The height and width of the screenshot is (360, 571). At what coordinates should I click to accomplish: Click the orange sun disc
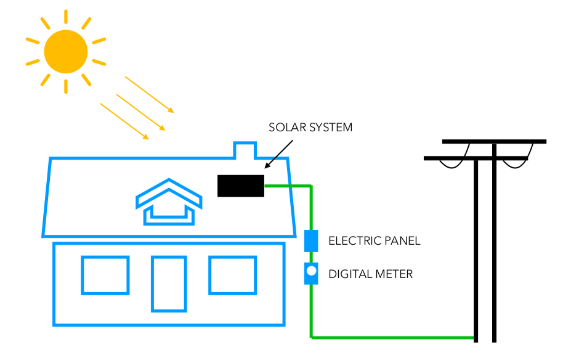coord(66,51)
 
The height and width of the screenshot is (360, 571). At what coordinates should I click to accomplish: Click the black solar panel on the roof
coord(241,186)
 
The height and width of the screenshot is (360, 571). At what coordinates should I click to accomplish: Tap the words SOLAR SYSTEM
coord(310,128)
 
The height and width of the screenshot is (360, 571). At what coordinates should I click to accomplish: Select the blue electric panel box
coord(311,240)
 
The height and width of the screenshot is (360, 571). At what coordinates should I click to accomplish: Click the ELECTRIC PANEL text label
coord(374,240)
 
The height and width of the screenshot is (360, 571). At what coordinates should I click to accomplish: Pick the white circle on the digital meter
coord(312,270)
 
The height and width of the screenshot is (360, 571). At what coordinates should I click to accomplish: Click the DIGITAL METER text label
coord(370,274)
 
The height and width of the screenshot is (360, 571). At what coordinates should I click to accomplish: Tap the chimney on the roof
coord(245,150)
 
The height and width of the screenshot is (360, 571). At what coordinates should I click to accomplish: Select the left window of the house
coord(105,275)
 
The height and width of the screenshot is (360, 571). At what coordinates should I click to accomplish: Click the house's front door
coord(169,284)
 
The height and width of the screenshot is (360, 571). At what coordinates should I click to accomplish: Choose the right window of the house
coord(232,275)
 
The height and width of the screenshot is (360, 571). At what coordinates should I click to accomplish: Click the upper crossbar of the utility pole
coord(494,142)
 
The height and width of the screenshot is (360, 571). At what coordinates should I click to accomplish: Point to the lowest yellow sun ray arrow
coord(124,121)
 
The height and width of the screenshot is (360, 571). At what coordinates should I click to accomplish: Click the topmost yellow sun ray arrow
coord(149,94)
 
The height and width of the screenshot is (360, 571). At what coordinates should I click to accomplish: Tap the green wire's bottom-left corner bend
coord(312,337)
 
